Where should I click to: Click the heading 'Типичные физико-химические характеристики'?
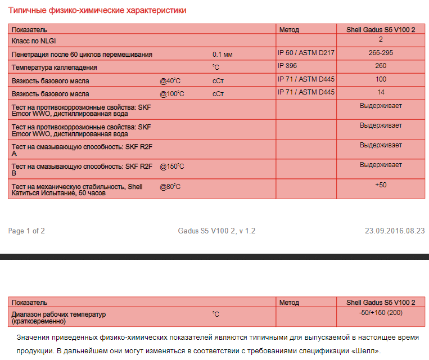point(97,11)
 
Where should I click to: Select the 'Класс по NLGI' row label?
point(34,41)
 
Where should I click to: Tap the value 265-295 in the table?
point(381,53)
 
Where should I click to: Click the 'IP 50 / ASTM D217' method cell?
point(306,53)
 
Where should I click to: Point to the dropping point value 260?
point(381,66)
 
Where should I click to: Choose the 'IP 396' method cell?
point(287,66)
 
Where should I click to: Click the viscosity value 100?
point(381,79)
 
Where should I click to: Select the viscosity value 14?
point(381,92)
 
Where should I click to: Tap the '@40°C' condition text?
point(170,81)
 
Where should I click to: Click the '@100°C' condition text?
point(171,94)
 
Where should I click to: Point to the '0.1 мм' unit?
point(222,55)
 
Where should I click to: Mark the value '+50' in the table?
point(381,185)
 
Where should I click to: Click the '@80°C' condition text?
point(170,187)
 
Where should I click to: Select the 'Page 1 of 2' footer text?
point(26,231)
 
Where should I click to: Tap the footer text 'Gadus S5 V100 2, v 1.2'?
point(216,231)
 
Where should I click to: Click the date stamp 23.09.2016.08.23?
point(395,231)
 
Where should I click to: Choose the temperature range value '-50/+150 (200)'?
point(381,312)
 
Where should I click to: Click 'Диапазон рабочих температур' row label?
point(58,314)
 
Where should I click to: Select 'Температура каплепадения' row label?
point(54,67)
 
